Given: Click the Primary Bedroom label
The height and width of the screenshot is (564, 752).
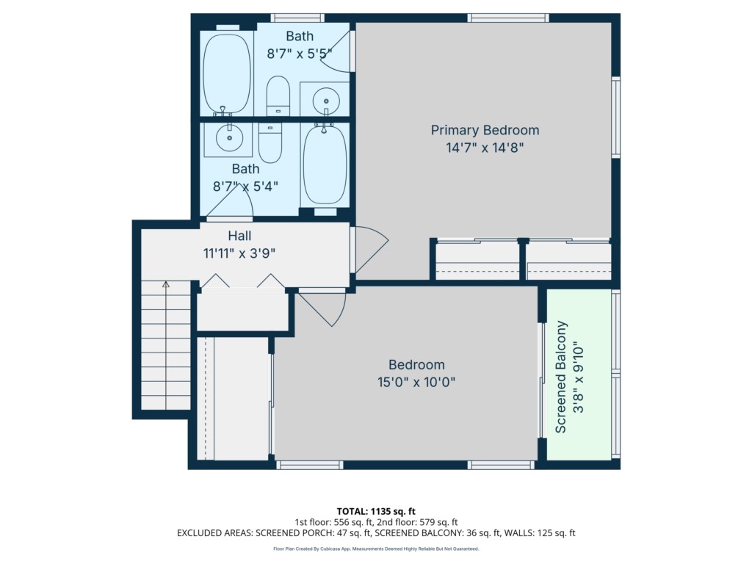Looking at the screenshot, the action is click(x=485, y=131).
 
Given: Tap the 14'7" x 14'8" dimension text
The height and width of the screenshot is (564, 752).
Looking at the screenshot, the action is click(x=485, y=148).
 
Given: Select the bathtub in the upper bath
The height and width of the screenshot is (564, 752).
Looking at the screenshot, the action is click(x=227, y=73).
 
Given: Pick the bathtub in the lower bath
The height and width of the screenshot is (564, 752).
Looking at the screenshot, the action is click(x=325, y=164).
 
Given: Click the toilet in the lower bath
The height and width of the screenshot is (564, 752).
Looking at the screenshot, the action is click(x=270, y=142).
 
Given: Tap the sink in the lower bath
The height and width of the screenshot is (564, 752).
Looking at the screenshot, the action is click(x=229, y=137).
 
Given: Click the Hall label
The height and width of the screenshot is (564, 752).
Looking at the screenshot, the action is click(x=239, y=236).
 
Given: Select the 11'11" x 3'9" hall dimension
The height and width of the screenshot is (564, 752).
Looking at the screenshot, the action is click(x=239, y=253).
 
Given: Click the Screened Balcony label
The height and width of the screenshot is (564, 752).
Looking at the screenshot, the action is click(x=560, y=377).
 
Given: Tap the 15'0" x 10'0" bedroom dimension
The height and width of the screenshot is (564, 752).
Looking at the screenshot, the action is click(x=416, y=382).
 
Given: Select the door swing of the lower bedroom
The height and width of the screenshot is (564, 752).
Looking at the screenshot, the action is click(x=322, y=309).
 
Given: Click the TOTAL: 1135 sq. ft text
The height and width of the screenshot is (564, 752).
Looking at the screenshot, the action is click(x=376, y=511).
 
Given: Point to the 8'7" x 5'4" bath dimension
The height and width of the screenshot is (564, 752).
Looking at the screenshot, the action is click(x=245, y=187).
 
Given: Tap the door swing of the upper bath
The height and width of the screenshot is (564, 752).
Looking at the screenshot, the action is click(x=338, y=52).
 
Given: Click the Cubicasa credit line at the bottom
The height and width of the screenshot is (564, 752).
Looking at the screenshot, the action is click(x=376, y=549).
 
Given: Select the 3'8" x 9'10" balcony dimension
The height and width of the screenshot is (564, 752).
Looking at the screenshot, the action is click(x=579, y=377).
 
